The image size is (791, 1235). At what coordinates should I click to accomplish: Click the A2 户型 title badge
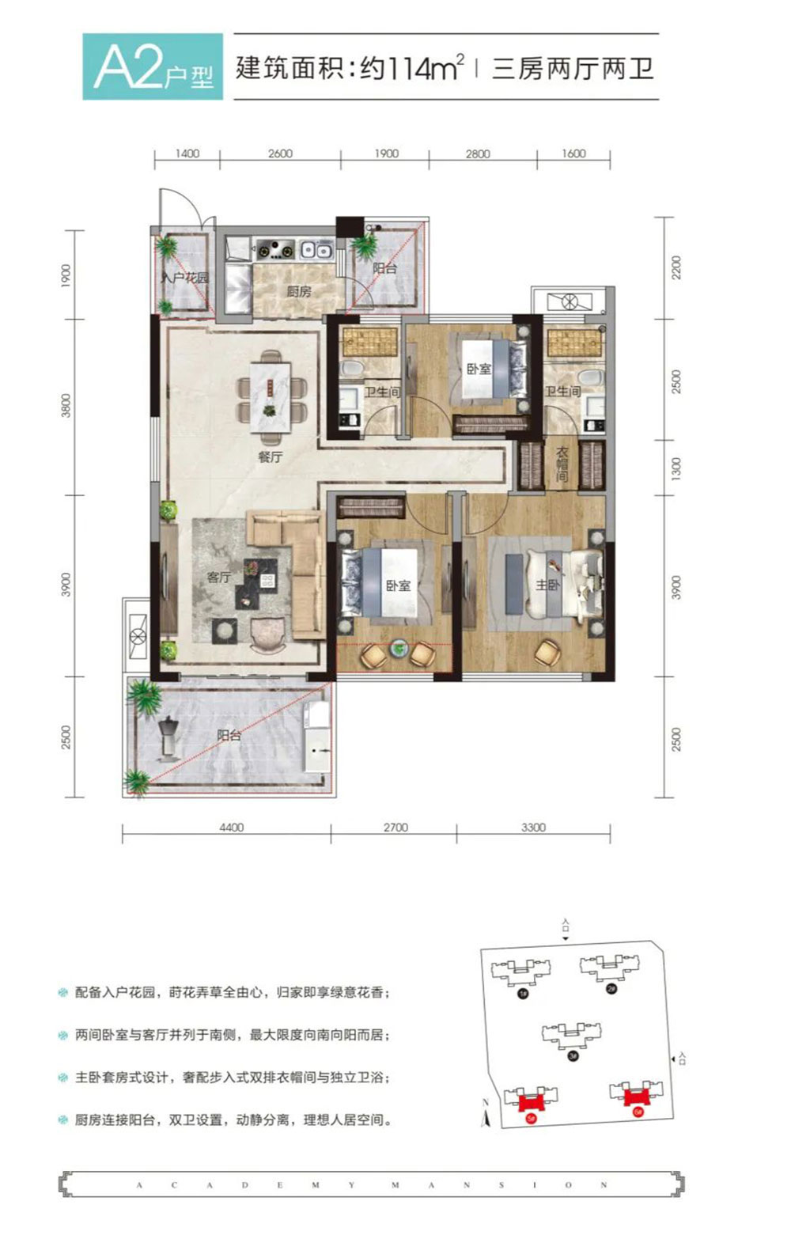pyautogui.click(x=153, y=67)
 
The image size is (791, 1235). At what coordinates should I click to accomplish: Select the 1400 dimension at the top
pyautogui.click(x=187, y=153)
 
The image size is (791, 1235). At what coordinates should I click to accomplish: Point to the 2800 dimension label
pyautogui.click(x=478, y=154)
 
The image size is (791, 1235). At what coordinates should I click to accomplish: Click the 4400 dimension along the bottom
pyautogui.click(x=231, y=828)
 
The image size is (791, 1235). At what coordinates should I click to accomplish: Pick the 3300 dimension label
pyautogui.click(x=533, y=828)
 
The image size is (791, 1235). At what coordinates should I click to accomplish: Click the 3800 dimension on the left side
pyautogui.click(x=66, y=405)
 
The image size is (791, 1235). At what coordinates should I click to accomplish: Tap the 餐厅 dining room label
pyautogui.click(x=270, y=456)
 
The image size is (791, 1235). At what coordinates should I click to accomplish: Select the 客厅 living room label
pyautogui.click(x=219, y=577)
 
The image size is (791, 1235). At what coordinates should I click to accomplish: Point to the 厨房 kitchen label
pyautogui.click(x=298, y=291)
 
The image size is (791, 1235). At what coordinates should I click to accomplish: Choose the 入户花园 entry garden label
pyautogui.click(x=184, y=278)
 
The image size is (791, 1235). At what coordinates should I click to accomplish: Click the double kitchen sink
pyautogui.click(x=315, y=250)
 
